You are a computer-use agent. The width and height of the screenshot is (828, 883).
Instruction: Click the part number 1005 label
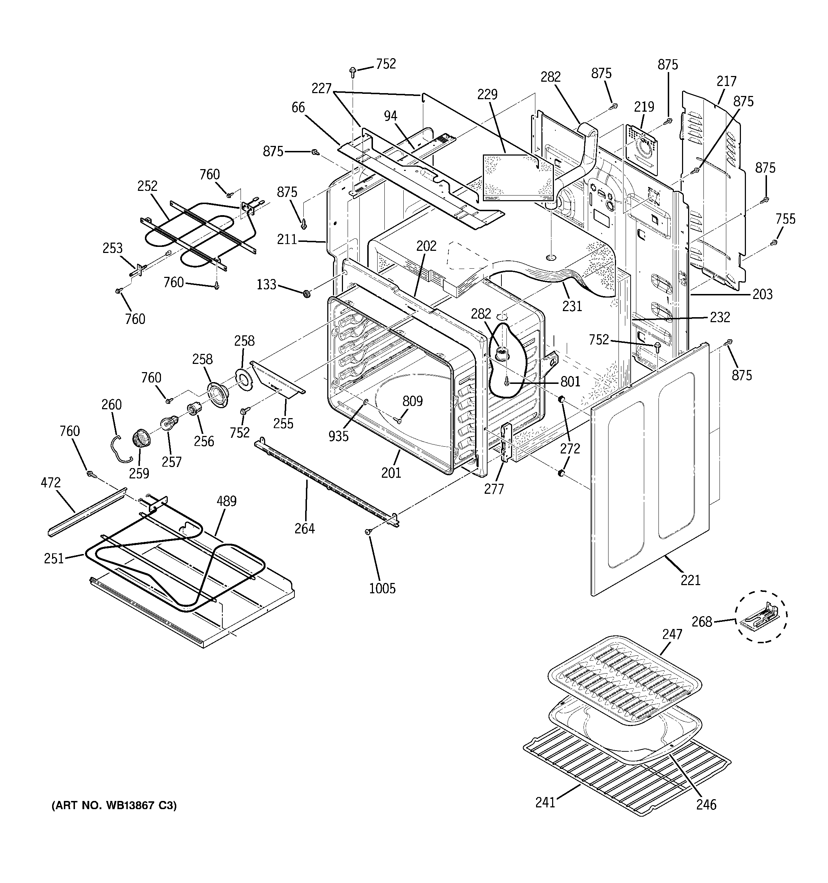tap(382, 589)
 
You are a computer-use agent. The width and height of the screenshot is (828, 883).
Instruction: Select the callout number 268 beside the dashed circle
tap(702, 622)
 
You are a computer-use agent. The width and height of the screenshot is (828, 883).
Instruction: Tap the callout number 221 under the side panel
tap(690, 580)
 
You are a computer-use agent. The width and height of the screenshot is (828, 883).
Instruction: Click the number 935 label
tap(338, 437)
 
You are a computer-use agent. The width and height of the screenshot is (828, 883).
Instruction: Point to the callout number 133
tap(266, 284)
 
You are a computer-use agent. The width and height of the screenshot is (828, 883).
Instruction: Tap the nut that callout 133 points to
tap(306, 294)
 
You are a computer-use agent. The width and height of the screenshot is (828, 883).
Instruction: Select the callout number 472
tap(51, 482)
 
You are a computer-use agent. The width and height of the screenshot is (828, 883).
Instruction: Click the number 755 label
tap(785, 219)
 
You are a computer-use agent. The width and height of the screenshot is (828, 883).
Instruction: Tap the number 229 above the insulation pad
tap(487, 94)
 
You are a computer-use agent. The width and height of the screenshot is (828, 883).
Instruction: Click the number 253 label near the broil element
tap(112, 248)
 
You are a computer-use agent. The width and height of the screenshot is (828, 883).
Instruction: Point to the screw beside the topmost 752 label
tap(353, 70)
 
